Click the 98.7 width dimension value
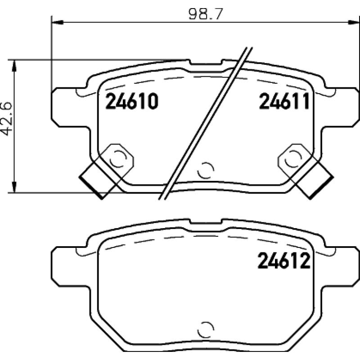point(206,14)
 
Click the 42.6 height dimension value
point(6,119)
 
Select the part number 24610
point(132,101)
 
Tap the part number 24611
point(284,101)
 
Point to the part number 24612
point(284,261)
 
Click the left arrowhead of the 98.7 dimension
point(57,22)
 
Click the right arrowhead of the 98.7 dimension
point(354,22)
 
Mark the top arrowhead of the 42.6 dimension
point(14,66)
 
